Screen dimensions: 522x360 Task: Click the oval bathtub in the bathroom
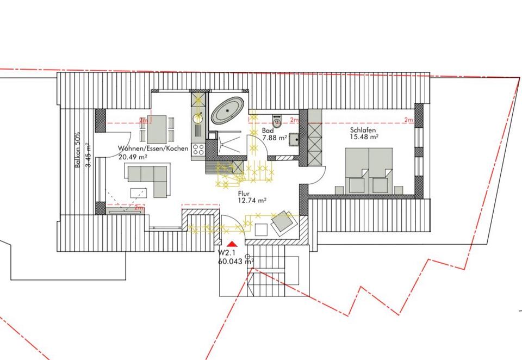click(x=228, y=110)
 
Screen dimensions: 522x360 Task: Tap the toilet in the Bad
click(x=277, y=121)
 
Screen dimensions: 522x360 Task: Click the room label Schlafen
click(x=363, y=130)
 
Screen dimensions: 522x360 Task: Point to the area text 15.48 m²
click(x=364, y=136)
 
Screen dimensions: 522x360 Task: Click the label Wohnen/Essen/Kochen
click(x=153, y=148)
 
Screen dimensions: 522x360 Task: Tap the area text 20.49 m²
click(x=133, y=157)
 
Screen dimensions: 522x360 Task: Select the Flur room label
click(x=244, y=194)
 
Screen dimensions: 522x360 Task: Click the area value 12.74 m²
click(x=252, y=200)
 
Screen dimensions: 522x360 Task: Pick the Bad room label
click(x=268, y=131)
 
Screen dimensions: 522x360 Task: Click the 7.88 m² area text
click(x=275, y=137)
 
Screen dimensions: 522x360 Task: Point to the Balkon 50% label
click(x=78, y=150)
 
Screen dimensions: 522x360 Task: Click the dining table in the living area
click(x=157, y=129)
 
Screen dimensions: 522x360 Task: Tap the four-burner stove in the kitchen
click(x=198, y=150)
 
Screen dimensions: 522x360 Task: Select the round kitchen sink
click(x=198, y=118)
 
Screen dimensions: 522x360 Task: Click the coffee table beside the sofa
click(x=139, y=193)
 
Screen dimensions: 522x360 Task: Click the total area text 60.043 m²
click(x=235, y=262)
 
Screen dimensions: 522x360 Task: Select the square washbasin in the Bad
click(x=294, y=140)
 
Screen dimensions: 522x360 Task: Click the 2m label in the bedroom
click(x=408, y=120)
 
